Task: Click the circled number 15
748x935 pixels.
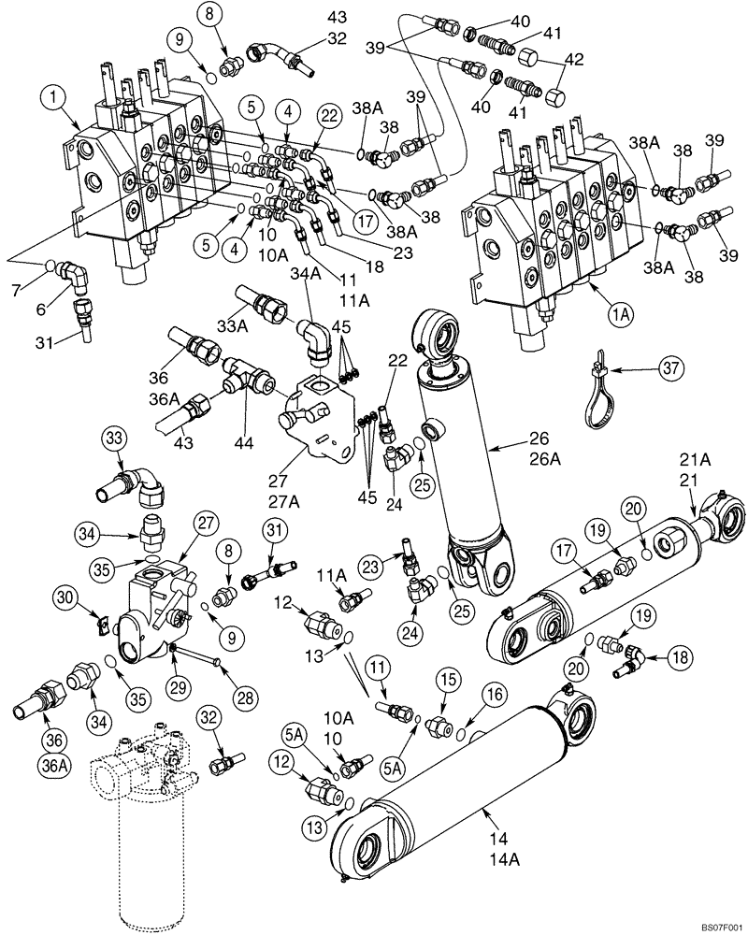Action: (446, 678)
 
